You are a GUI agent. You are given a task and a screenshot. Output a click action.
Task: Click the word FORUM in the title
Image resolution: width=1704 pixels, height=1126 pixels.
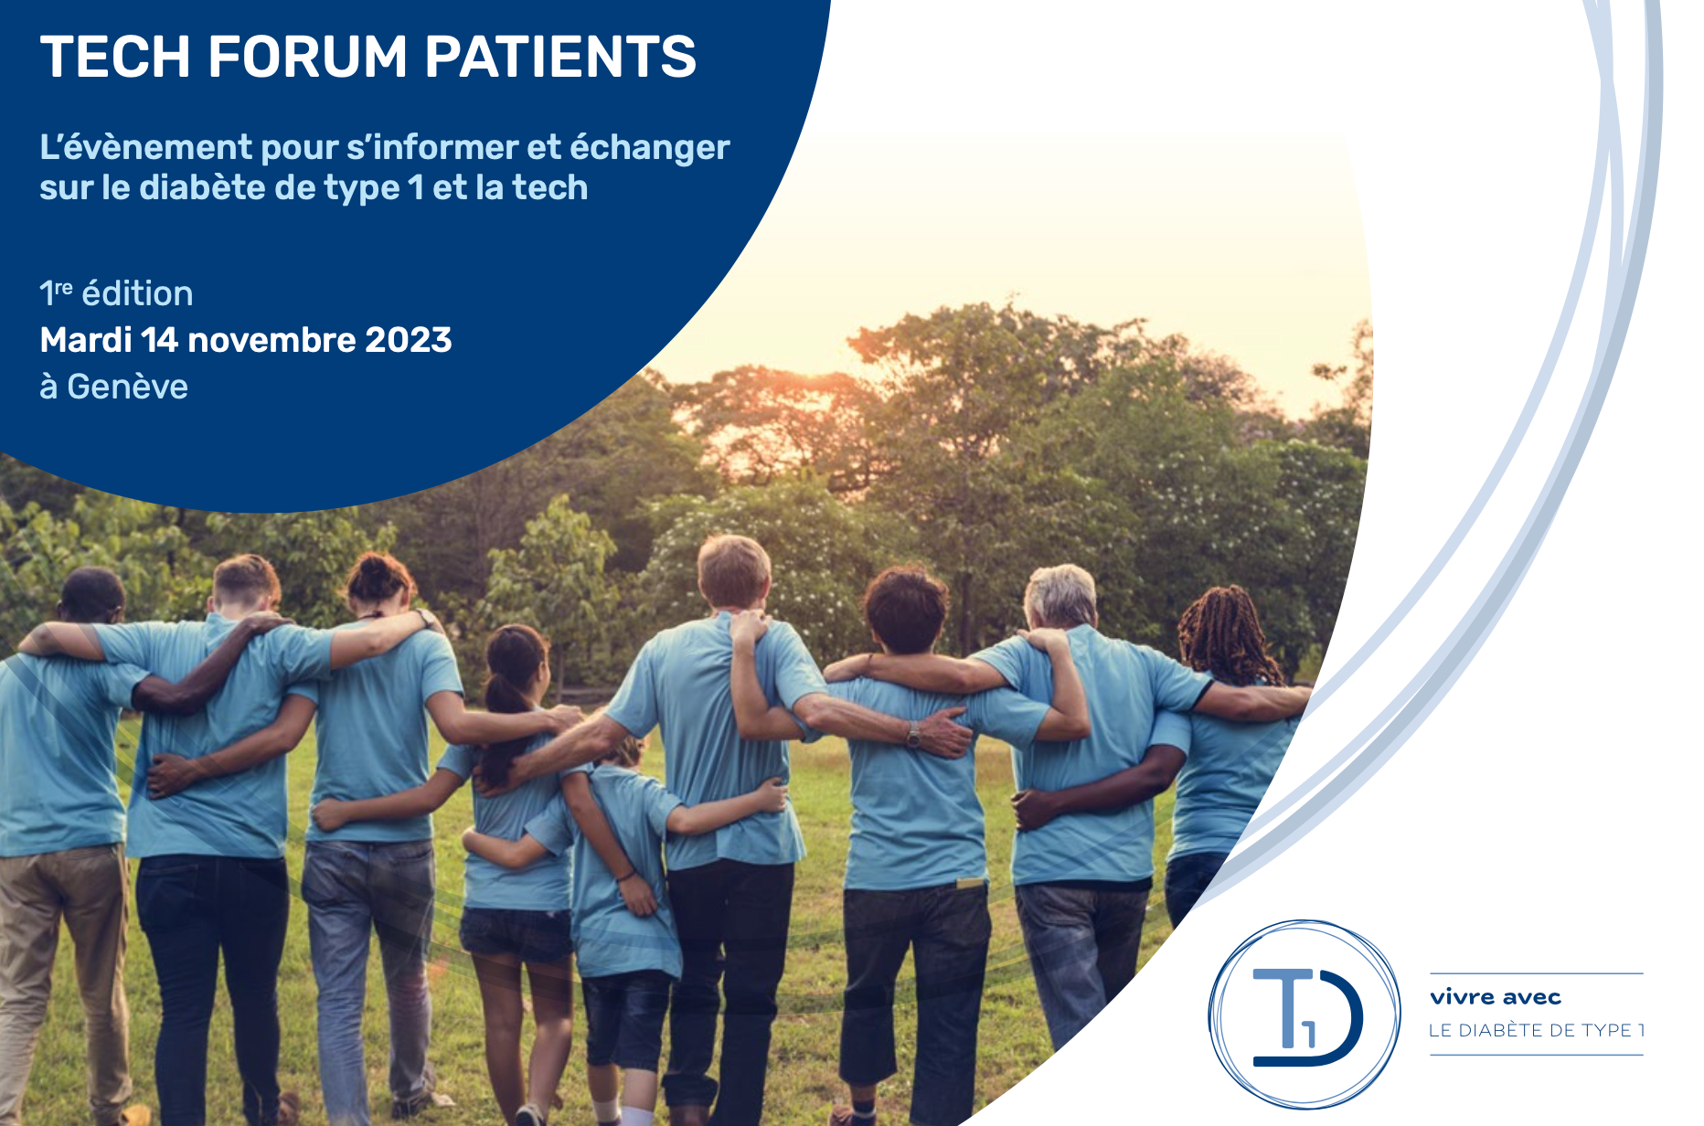308,57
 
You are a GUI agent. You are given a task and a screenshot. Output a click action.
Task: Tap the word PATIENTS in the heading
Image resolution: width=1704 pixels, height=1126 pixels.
560,57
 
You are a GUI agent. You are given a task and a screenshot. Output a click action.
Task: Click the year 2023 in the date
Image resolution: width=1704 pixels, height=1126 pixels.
409,340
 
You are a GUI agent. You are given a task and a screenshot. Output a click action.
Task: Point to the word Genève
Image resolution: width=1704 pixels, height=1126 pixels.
128,387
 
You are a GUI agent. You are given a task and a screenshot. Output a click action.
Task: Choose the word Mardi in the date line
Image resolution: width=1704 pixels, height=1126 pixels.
86,340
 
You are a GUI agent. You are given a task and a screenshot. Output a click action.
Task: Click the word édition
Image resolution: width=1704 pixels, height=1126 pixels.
137,293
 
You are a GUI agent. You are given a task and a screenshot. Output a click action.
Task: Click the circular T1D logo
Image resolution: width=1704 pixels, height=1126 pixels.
1305,1014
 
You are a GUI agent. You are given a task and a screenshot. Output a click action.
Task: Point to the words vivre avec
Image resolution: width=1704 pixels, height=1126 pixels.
1496,997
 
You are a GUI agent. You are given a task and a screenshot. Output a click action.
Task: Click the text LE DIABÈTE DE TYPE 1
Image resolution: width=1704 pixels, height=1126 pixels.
1537,1030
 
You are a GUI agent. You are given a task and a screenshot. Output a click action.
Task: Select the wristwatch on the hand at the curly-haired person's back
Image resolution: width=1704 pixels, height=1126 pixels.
912,734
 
